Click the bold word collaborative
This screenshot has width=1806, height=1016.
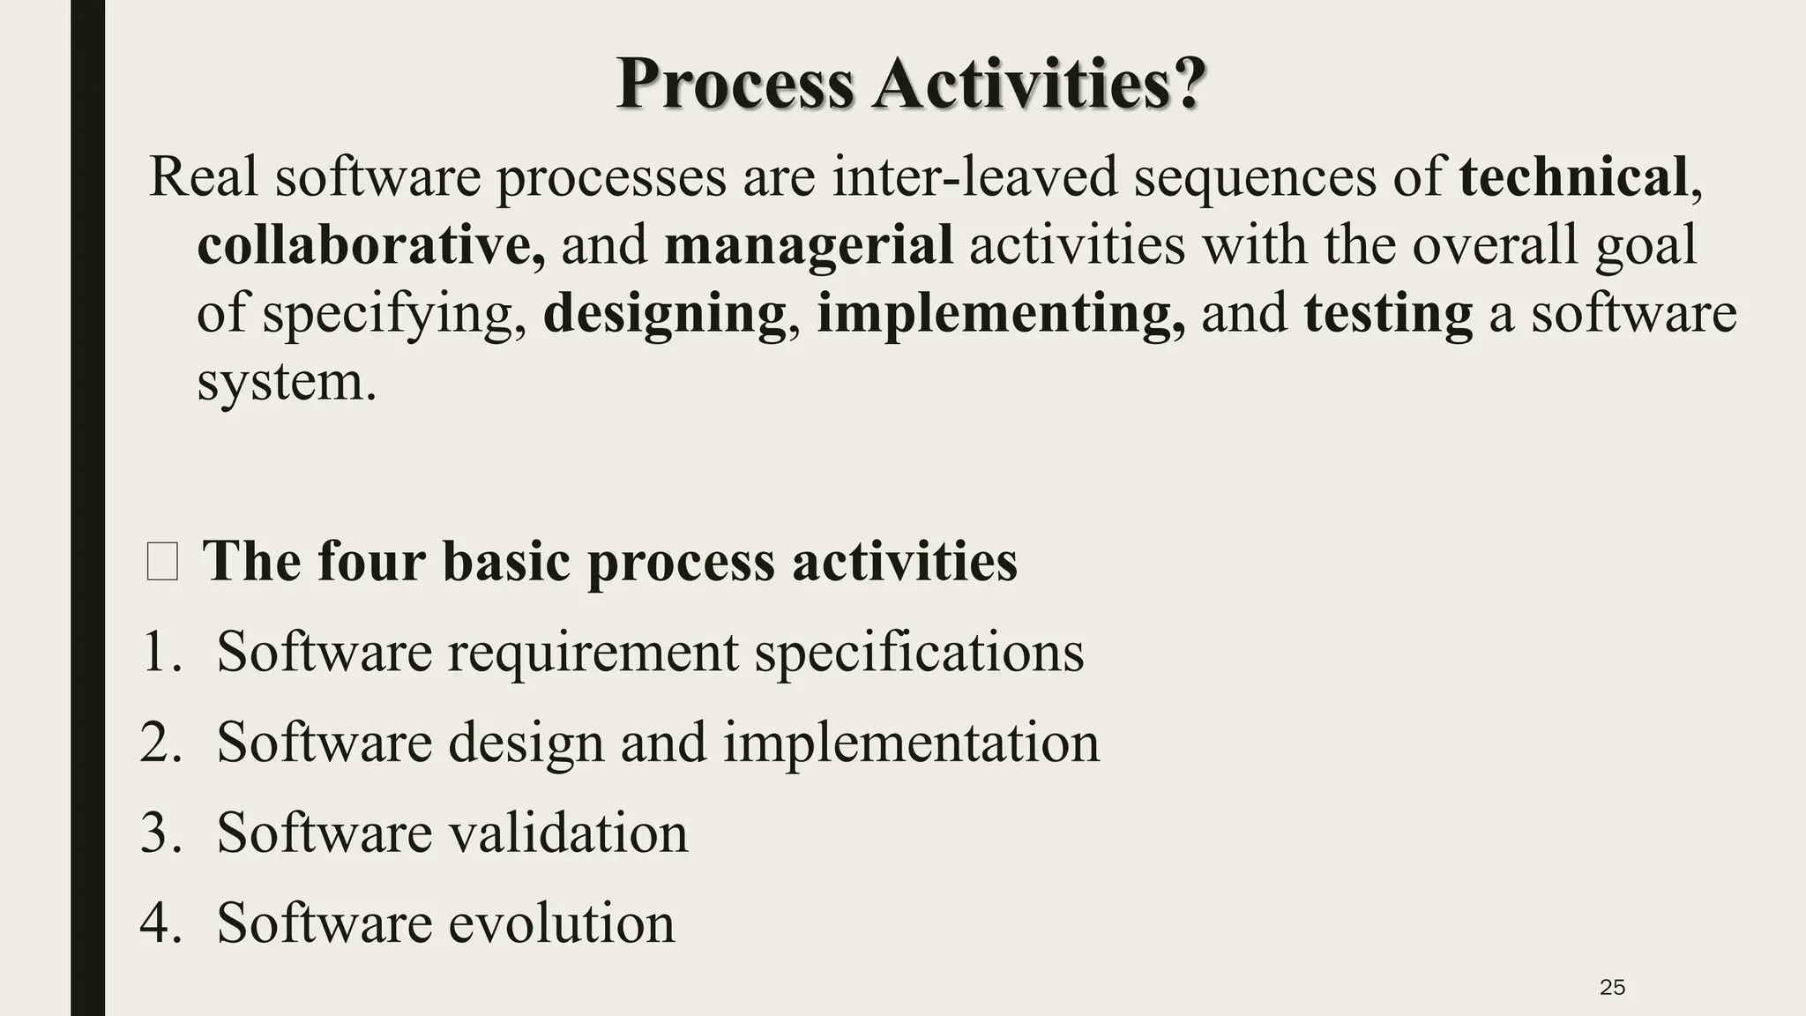[370, 244]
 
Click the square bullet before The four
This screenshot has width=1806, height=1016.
[162, 562]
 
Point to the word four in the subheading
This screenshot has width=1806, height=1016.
[370, 561]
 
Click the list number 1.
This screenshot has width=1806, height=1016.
[160, 653]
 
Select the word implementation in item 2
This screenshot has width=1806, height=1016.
[911, 743]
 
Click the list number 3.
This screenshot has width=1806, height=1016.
[160, 833]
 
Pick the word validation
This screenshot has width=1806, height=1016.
[568, 833]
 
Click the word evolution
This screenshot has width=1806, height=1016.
[561, 923]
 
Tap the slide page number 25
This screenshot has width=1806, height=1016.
[1612, 988]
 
